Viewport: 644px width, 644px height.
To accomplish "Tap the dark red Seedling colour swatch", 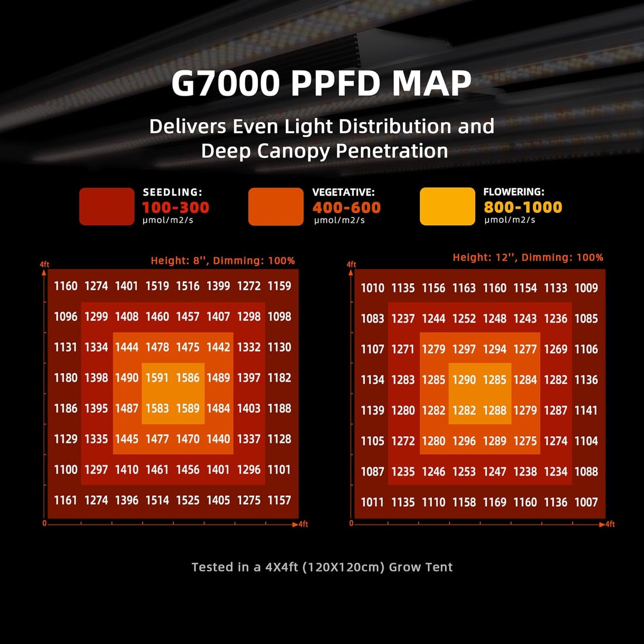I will click(107, 206).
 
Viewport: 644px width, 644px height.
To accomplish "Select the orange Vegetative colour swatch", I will click(275, 206).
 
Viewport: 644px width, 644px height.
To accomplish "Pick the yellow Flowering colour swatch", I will click(447, 206).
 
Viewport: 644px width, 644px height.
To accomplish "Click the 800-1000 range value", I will click(523, 207).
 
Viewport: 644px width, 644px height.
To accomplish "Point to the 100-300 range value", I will click(176, 208).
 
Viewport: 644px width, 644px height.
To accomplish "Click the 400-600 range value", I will click(346, 208).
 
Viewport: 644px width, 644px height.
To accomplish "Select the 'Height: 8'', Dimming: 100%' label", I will click(222, 261).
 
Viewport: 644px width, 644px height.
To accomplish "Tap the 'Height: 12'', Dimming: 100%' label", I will click(528, 258).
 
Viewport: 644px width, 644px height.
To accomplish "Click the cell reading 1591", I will click(157, 378).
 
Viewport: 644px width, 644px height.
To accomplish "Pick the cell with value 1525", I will click(188, 500).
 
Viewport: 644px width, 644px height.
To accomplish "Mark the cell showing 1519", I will click(157, 286).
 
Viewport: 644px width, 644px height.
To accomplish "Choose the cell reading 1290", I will click(464, 380).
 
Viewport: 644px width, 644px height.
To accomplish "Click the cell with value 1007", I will click(586, 502).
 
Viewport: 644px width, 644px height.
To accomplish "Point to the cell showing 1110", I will click(434, 502).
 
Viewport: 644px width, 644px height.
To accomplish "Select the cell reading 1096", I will click(66, 317).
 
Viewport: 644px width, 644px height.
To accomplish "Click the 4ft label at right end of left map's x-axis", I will click(304, 525).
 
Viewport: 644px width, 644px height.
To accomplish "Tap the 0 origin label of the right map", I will click(351, 523).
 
